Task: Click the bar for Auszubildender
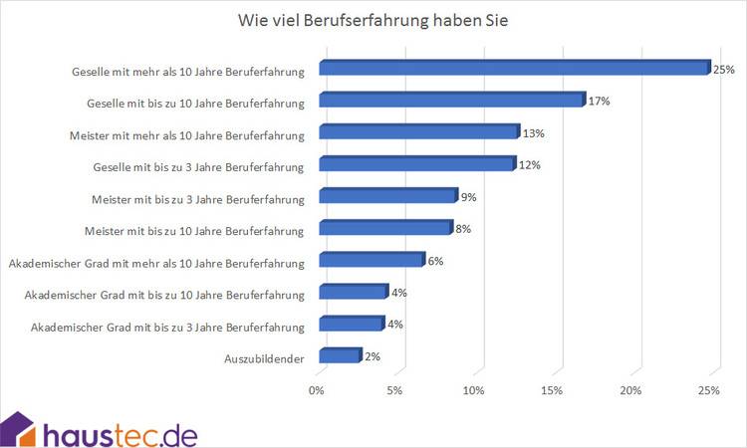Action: [x=339, y=355]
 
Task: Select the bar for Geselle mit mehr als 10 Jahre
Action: [x=512, y=69]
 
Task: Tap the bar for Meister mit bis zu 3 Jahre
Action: [x=386, y=196]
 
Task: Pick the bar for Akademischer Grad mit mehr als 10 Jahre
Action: [x=371, y=261]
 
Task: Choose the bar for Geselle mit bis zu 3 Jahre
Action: [x=416, y=164]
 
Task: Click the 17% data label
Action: [x=599, y=102]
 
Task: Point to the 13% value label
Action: [x=535, y=133]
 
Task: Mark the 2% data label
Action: [x=373, y=356]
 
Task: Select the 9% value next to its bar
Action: [x=467, y=197]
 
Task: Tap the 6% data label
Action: [x=435, y=261]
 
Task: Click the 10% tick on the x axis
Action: [x=474, y=390]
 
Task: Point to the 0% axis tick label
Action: [x=318, y=390]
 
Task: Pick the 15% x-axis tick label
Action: [x=553, y=390]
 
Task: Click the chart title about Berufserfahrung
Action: [x=373, y=21]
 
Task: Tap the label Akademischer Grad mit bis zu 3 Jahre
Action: [x=167, y=327]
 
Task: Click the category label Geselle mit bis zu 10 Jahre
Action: [x=195, y=103]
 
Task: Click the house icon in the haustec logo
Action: [x=19, y=429]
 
